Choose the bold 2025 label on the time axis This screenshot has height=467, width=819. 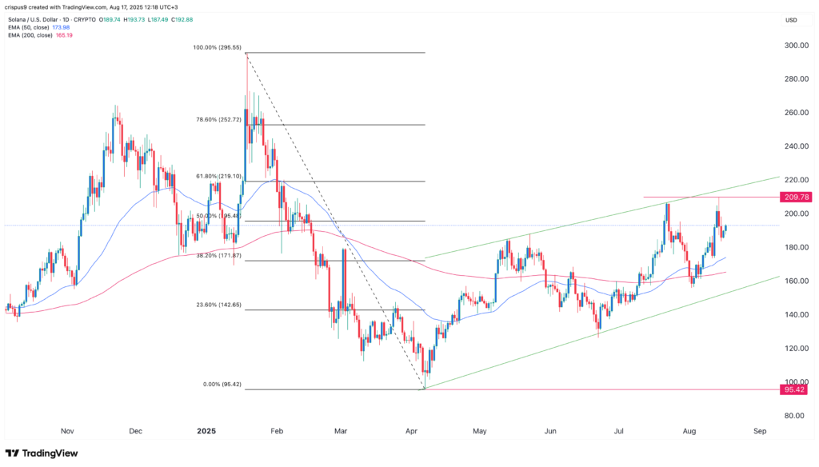pos(206,431)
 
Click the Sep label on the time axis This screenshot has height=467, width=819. pos(760,431)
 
